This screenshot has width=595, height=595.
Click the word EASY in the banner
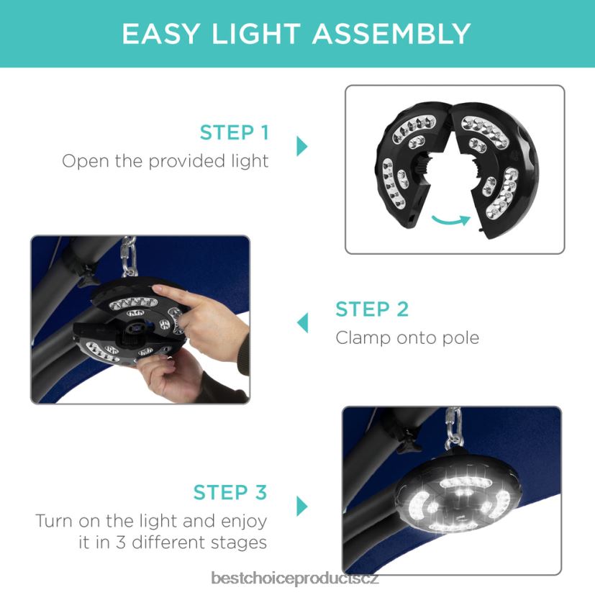point(160,34)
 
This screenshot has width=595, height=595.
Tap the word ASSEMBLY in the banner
point(392,34)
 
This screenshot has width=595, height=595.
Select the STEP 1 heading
point(235,132)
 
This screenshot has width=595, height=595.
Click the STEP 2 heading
point(372,309)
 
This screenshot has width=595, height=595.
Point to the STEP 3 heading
point(230,492)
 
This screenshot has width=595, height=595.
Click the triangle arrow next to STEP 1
point(301,146)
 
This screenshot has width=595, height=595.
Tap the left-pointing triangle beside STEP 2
point(302,323)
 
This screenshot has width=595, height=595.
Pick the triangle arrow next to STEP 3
point(301,507)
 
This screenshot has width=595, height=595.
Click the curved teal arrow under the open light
point(451,221)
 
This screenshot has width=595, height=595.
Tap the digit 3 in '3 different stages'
point(121,542)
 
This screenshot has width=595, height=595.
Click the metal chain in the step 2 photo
point(128,256)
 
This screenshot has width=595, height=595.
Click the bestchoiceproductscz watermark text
point(295,578)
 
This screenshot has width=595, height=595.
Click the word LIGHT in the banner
point(256,34)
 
